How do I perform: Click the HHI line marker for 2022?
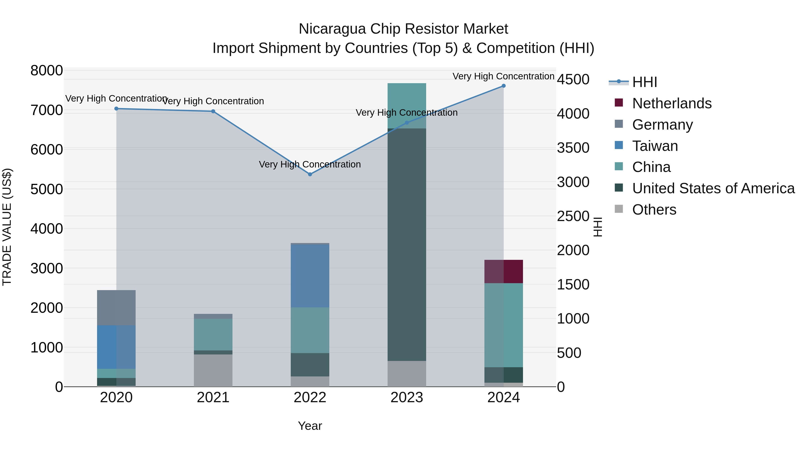tap(310, 174)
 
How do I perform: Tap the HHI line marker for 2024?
tap(503, 86)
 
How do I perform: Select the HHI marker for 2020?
tap(116, 109)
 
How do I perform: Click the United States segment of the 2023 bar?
tap(407, 244)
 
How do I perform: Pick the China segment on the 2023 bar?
tap(407, 106)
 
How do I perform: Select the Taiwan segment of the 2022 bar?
tap(310, 276)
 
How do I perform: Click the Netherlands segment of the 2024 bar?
tap(503, 271)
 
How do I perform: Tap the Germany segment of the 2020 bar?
tap(116, 308)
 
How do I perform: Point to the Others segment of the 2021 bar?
tap(213, 370)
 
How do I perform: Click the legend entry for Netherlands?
tap(672, 103)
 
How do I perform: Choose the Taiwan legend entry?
tap(655, 146)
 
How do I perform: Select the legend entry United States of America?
tap(713, 188)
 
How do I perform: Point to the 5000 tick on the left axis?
tap(46, 189)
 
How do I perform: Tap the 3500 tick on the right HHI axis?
tap(573, 148)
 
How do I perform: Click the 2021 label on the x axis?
tap(213, 398)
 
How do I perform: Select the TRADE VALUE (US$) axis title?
tap(7, 227)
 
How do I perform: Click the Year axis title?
tap(310, 426)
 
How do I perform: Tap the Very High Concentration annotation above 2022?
tap(310, 165)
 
